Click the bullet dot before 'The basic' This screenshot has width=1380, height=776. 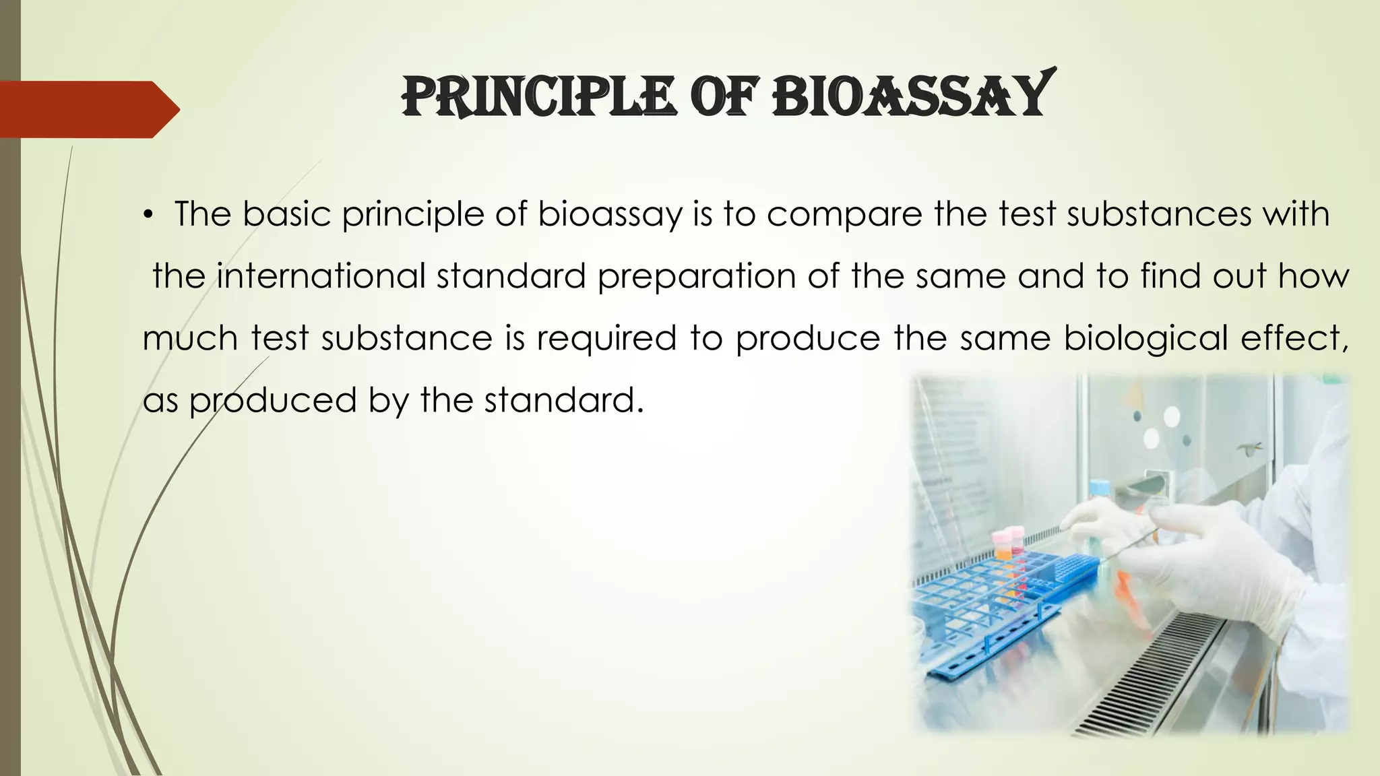(148, 216)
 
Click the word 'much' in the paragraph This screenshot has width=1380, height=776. (189, 338)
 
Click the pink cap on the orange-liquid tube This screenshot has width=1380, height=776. (1002, 538)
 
